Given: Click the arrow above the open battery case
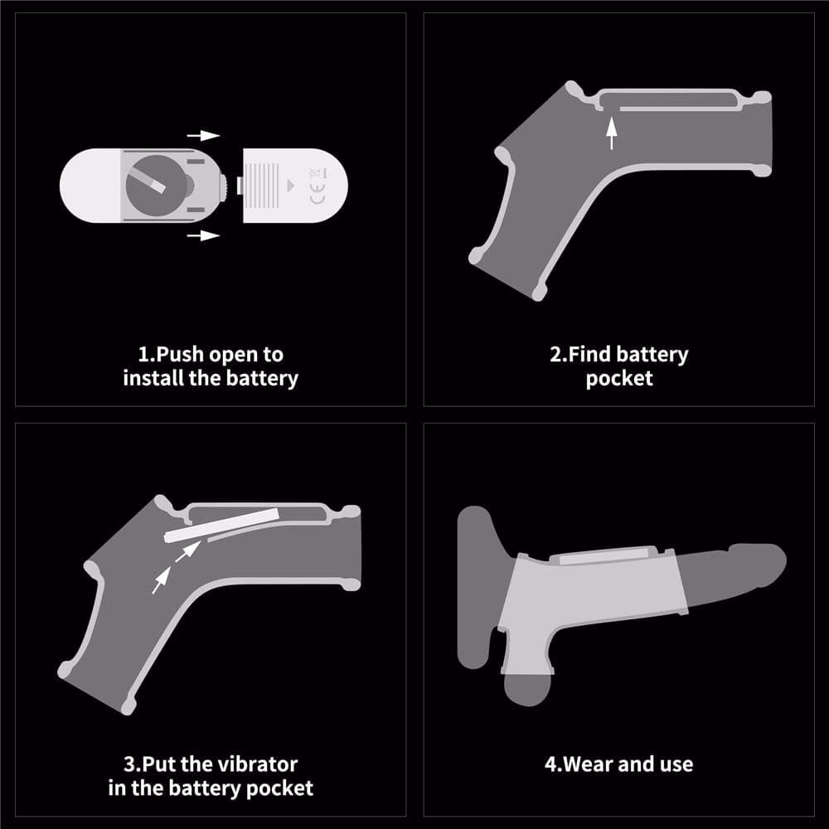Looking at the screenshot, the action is point(204,136).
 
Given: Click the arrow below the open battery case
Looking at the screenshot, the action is point(204,235).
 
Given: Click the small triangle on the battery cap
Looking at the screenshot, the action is point(290,186).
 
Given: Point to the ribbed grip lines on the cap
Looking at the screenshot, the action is point(262,185).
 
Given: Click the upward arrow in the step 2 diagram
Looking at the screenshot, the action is point(612,133).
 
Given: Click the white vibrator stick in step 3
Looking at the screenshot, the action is point(222,525).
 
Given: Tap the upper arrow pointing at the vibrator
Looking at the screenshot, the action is point(187,551).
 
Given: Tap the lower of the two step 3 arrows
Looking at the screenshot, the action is point(162,580).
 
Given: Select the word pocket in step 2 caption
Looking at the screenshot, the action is point(619,379).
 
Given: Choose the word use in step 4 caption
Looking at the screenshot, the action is point(676,765).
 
